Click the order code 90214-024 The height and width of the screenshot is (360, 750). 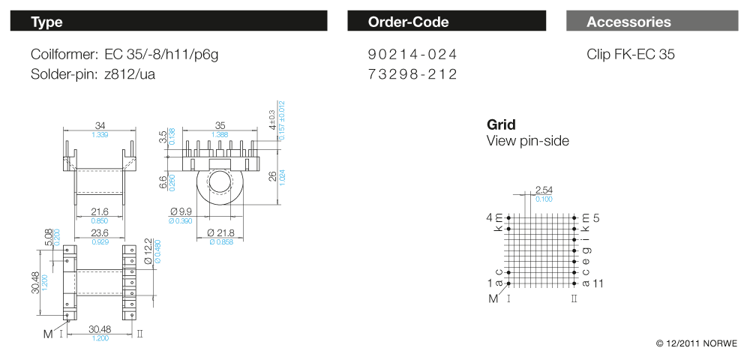[412, 55]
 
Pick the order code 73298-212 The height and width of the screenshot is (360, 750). [412, 74]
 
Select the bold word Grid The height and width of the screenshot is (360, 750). [501, 124]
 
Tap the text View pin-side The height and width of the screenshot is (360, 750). [528, 141]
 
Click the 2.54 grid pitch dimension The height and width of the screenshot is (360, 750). [544, 190]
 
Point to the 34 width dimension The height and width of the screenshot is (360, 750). [100, 125]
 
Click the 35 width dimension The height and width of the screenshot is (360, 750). [220, 125]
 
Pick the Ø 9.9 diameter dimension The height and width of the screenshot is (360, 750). [181, 213]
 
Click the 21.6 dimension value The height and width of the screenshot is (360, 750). [99, 213]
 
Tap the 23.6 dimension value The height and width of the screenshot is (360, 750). [99, 233]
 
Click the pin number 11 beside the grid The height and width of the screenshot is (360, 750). [598, 283]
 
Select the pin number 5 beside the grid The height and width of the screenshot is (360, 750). [597, 218]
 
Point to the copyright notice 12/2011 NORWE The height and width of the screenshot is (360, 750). [697, 343]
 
